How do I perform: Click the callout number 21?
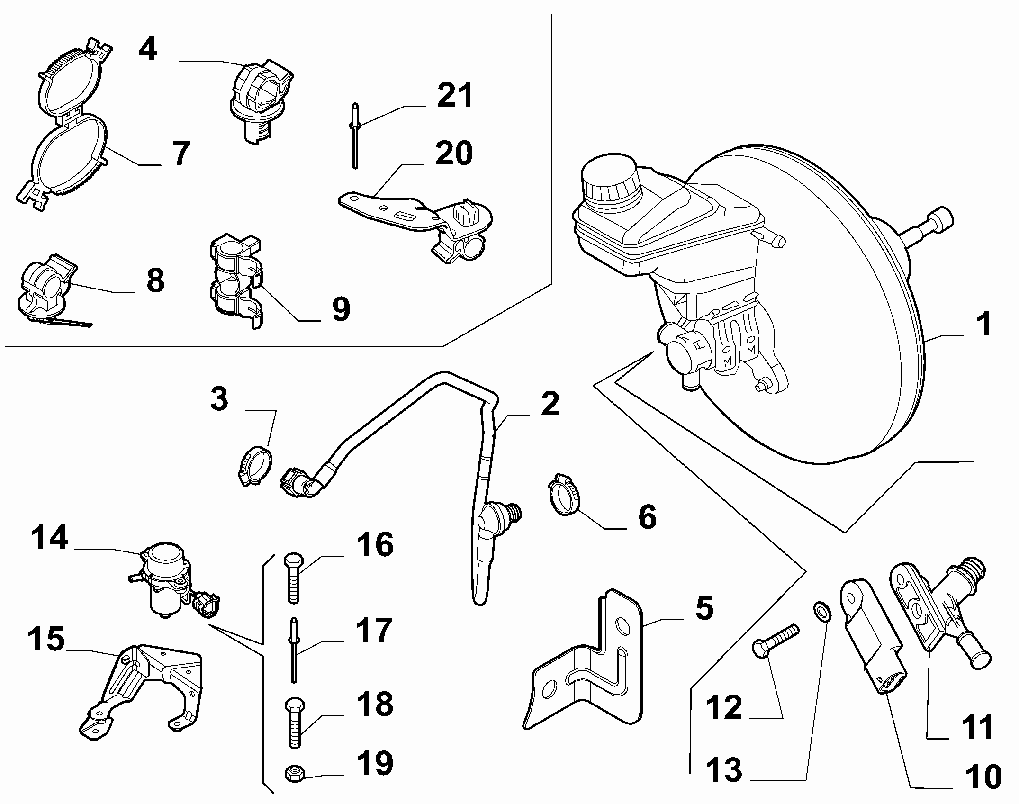pyautogui.click(x=454, y=95)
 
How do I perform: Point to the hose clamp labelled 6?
pyautogui.click(x=564, y=495)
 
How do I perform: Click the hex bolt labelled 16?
pyautogui.click(x=293, y=578)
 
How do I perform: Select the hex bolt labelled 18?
pyautogui.click(x=294, y=723)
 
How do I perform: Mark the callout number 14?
pyautogui.click(x=50, y=538)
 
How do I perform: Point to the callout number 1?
pyautogui.click(x=984, y=325)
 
